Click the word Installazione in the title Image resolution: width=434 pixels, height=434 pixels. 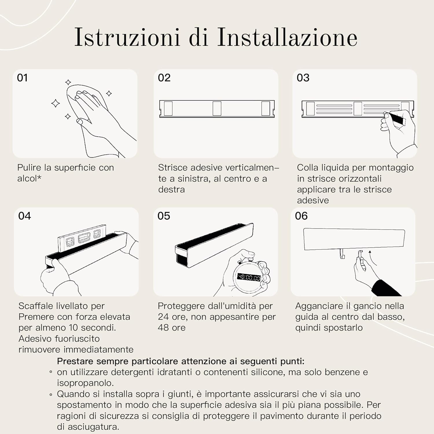click(x=287, y=38)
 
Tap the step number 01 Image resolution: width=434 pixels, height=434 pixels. click(x=22, y=78)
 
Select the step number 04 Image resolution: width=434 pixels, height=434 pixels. click(x=24, y=216)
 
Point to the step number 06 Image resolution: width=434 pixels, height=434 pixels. click(x=301, y=216)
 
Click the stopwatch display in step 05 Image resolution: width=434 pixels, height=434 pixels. click(x=249, y=277)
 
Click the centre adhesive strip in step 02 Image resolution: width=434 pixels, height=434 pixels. click(x=217, y=108)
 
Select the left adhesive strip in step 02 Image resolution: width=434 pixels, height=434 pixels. click(x=168, y=108)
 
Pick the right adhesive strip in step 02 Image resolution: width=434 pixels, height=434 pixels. click(x=265, y=108)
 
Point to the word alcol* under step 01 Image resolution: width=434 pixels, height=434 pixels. click(x=29, y=179)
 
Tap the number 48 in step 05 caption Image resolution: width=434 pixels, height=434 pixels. click(x=163, y=328)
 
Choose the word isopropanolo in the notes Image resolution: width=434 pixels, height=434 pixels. click(x=85, y=383)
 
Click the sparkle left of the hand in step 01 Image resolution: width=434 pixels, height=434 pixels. click(x=56, y=103)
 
